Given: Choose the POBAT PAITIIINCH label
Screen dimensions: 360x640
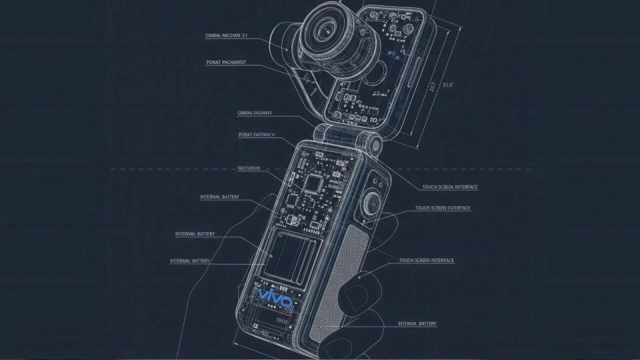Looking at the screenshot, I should click(x=257, y=135).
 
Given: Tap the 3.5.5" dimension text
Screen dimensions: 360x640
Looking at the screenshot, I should click(x=448, y=85).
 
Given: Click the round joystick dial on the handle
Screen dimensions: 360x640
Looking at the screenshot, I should click(x=371, y=203).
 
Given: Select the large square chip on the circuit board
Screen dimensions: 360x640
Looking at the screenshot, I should click(x=313, y=181).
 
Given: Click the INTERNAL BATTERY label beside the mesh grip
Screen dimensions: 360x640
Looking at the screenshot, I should click(x=417, y=324).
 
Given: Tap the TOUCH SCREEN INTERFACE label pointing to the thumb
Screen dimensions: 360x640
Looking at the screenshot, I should click(x=427, y=260).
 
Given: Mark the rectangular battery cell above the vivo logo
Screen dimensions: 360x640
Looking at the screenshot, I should click(x=291, y=256).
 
